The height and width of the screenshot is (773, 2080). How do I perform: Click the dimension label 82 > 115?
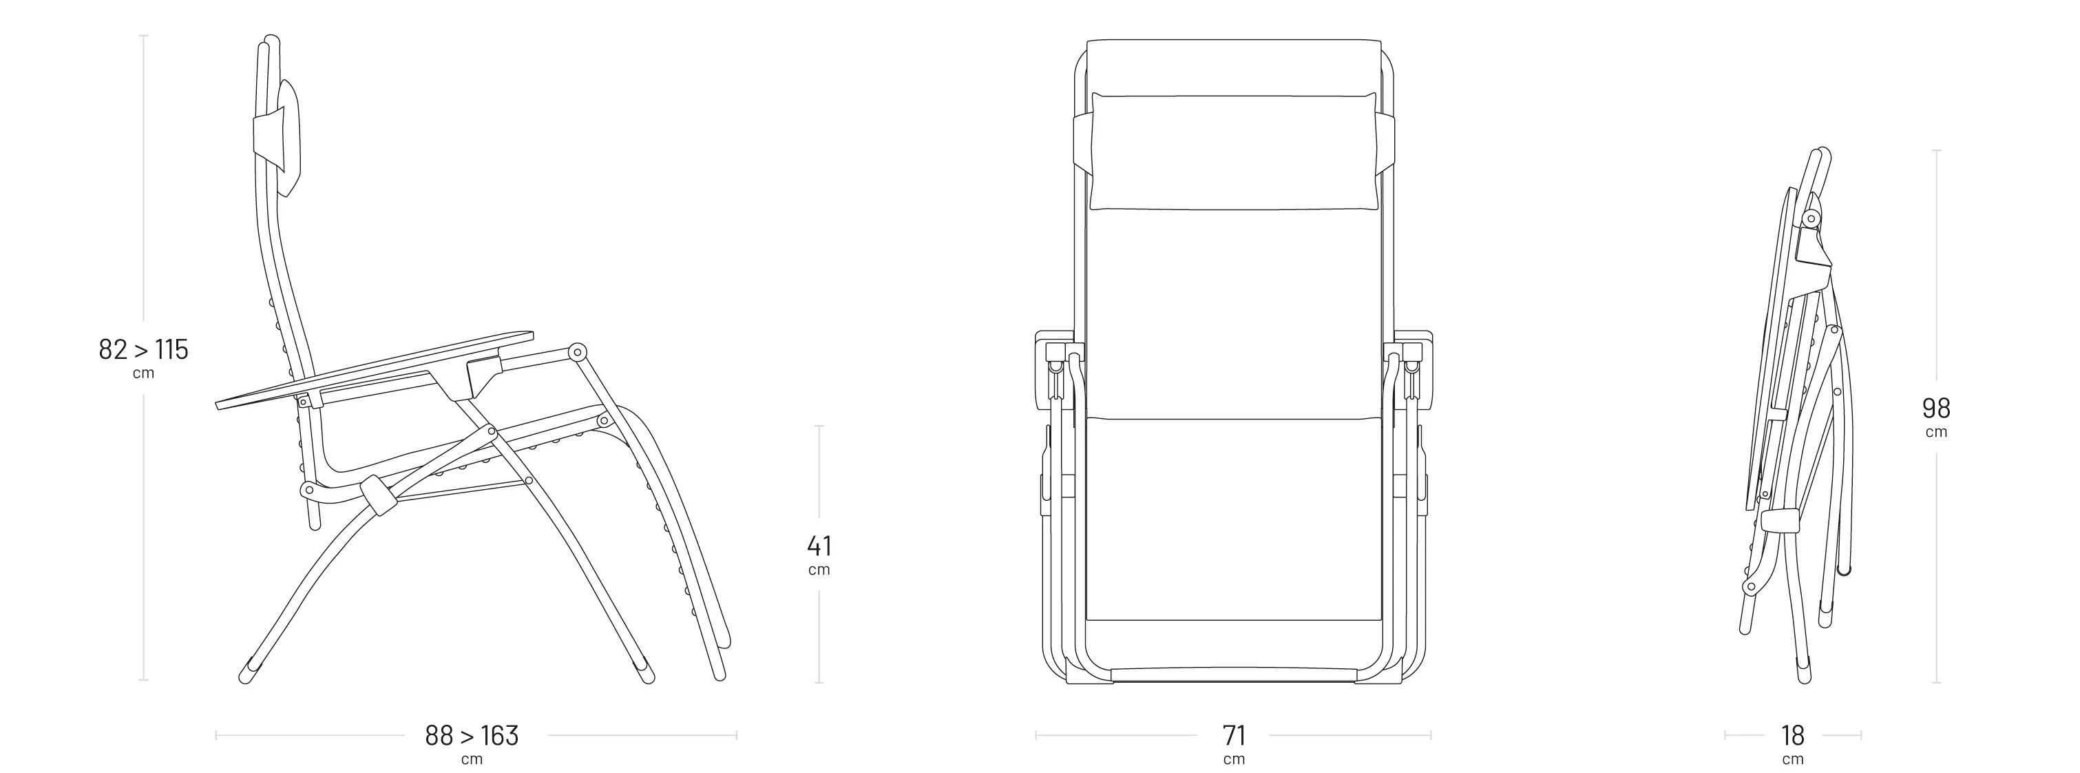point(144,350)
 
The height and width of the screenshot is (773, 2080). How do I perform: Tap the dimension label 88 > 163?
point(472,735)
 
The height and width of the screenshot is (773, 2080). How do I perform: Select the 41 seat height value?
point(819,546)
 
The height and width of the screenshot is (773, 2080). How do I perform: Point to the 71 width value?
point(1234,735)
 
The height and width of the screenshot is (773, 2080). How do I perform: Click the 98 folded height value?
point(1936,408)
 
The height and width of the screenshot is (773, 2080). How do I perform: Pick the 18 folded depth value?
point(1793,735)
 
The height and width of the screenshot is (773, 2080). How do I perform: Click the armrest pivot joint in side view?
point(578,353)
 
